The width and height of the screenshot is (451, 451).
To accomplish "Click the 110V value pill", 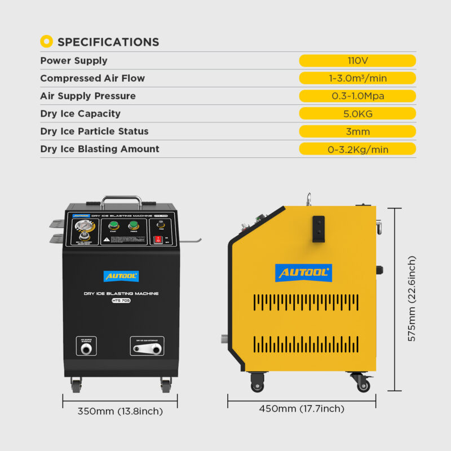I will [357, 61].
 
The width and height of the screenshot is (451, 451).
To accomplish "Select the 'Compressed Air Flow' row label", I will [92, 78].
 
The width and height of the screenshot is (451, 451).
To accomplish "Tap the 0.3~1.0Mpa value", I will [357, 96].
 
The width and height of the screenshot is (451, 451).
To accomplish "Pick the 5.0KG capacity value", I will [357, 114].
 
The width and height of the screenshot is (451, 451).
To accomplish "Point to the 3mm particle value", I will [357, 131].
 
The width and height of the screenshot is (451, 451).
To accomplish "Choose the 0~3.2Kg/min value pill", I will [357, 149].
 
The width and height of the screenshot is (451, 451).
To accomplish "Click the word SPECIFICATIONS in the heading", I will [108, 42].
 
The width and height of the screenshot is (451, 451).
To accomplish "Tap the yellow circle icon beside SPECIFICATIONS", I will [47, 42].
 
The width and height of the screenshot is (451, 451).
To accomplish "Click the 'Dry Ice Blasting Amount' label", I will [100, 149].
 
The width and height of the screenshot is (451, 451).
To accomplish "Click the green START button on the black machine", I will [113, 227].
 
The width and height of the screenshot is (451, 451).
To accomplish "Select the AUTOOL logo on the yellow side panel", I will [303, 273].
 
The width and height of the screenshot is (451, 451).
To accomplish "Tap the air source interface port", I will [86, 350].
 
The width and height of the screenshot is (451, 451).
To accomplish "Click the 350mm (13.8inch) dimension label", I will [120, 411].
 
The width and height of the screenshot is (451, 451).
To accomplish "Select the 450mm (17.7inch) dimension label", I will [302, 409].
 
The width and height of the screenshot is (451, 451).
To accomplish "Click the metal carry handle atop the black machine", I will [121, 201].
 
